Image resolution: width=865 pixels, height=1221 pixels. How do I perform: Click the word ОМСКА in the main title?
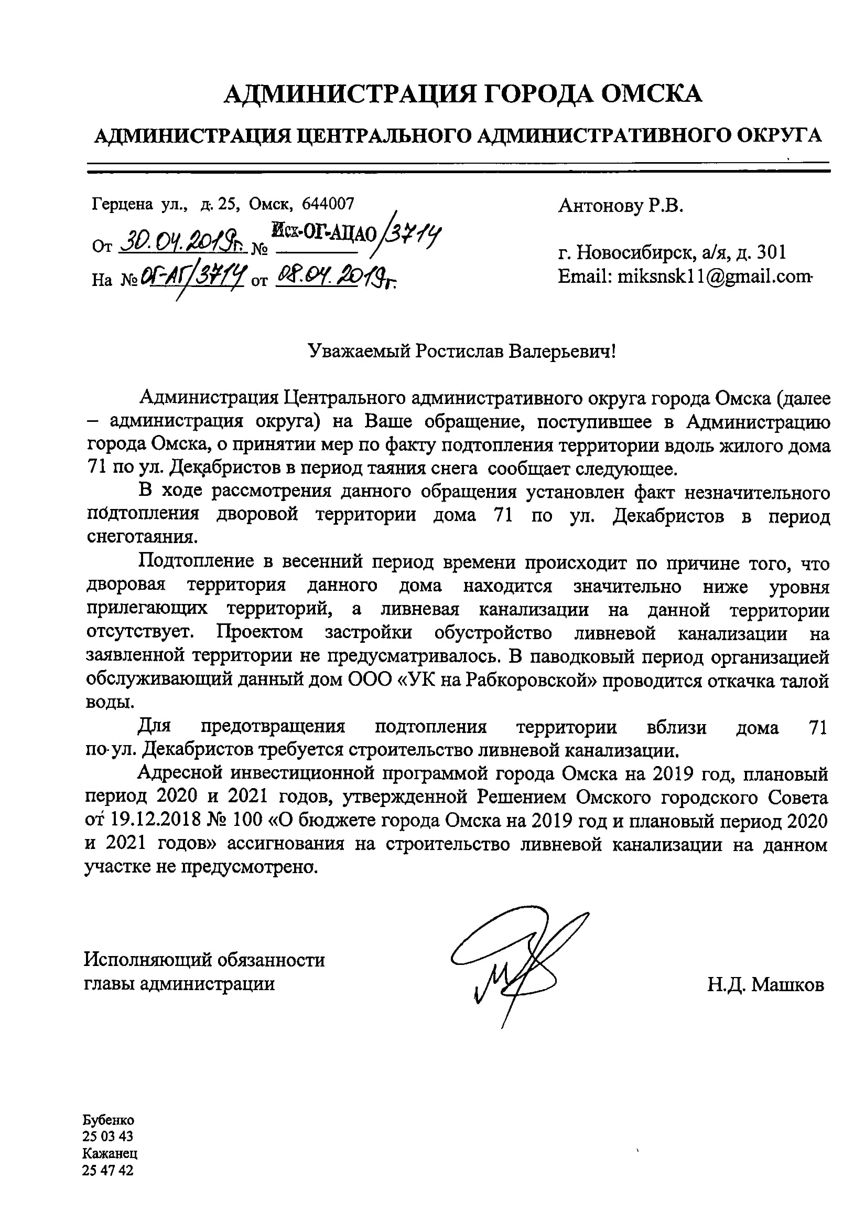coord(651,94)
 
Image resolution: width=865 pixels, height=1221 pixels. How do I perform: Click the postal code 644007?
coord(328,204)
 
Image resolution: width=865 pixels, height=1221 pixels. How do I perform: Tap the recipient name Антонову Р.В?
coord(620,206)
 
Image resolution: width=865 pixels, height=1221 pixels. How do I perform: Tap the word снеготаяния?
coord(142,537)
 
